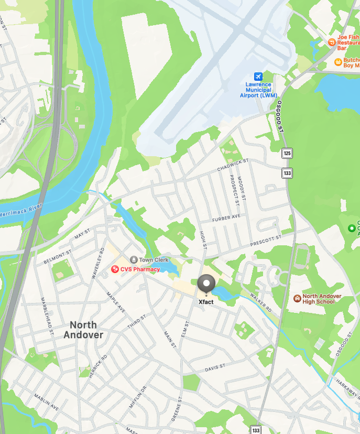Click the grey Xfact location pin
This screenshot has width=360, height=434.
206,285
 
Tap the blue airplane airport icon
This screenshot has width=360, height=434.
258,77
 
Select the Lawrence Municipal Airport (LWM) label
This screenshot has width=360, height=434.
258,90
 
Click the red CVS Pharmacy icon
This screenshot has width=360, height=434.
115,269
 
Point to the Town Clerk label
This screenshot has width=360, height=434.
154,260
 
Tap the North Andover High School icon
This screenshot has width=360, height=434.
297,298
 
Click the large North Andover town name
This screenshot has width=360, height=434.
83,330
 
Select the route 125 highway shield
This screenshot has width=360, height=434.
287,154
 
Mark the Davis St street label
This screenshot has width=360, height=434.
214,368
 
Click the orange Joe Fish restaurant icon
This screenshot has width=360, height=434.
331,42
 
